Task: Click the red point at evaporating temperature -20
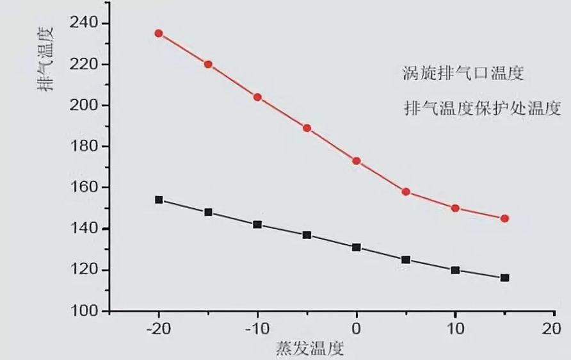[159, 33]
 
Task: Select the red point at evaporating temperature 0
[357, 161]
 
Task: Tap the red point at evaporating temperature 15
[504, 218]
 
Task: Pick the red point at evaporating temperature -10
[257, 97]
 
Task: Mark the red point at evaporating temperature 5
[406, 192]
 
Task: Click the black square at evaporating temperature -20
[159, 200]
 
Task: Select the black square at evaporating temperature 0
[357, 247]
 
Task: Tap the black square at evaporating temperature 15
[504, 278]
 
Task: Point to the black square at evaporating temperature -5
[307, 235]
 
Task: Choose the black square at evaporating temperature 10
[455, 270]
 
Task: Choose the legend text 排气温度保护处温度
[482, 107]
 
